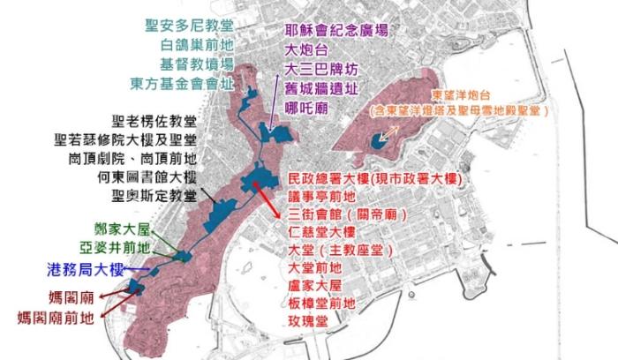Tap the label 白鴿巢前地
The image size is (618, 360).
click(196, 45)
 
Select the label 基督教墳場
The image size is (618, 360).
click(196, 64)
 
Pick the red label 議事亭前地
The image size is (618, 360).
click(322, 197)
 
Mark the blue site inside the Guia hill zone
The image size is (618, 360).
click(379, 139)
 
